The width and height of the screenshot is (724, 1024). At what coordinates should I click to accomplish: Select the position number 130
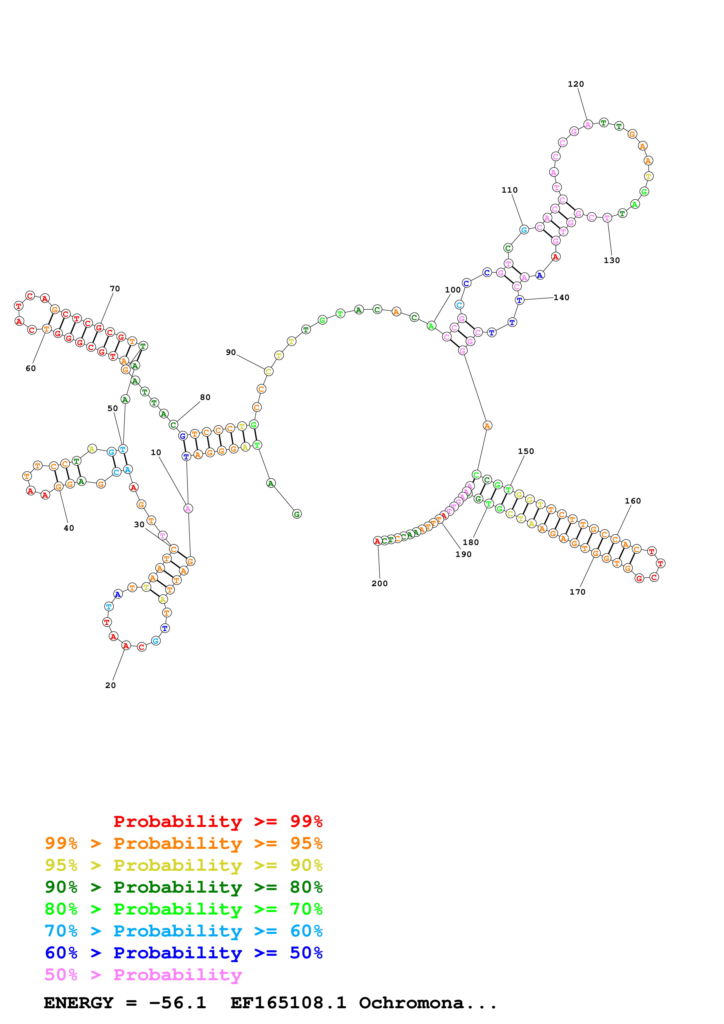tap(612, 260)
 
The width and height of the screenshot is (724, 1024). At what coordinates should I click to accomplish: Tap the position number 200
tap(380, 583)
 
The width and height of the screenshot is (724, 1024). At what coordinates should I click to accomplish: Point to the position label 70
tap(115, 289)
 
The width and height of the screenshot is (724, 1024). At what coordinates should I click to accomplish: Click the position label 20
tap(110, 685)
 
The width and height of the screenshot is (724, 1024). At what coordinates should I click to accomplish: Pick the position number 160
tap(633, 501)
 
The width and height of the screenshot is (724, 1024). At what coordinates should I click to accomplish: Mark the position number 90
tap(231, 352)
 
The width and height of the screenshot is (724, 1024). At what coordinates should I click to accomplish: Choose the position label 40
tap(69, 528)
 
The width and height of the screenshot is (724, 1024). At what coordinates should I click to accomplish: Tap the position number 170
tap(577, 592)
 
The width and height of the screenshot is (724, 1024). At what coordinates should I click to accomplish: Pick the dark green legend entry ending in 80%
tap(184, 887)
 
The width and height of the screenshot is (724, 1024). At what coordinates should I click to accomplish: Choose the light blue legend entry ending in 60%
tap(184, 931)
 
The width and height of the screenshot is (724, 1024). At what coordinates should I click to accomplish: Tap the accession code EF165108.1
tap(288, 1003)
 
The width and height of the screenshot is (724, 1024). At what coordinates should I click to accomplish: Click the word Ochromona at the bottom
tap(411, 1003)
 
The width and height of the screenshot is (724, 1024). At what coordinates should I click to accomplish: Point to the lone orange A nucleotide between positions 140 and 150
tap(487, 426)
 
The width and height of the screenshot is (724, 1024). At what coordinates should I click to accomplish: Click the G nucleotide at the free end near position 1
tap(297, 514)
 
